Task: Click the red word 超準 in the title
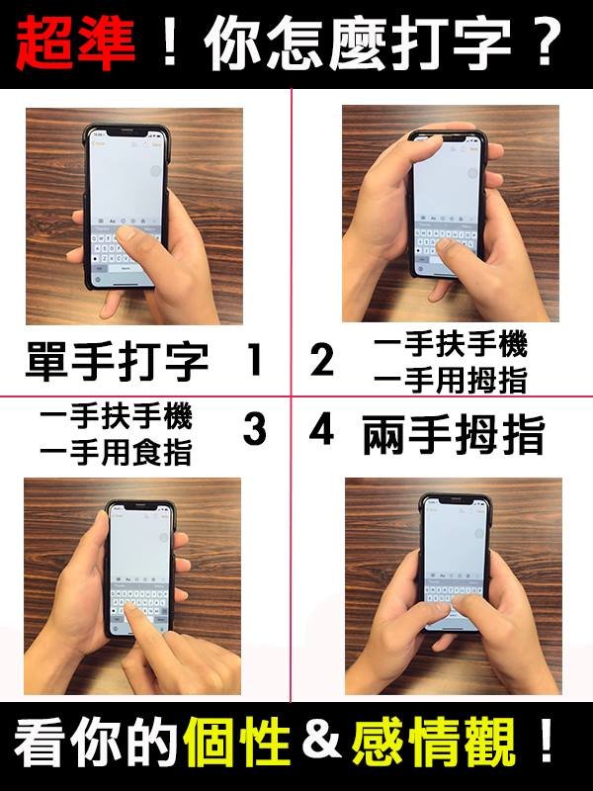point(76,43)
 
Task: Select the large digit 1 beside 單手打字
point(255,359)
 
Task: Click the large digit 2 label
point(322,360)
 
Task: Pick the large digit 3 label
point(255,429)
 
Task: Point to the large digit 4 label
point(322,429)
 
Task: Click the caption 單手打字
point(117,361)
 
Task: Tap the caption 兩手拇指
point(454,434)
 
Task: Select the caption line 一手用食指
point(116,452)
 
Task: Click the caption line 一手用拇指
point(451,381)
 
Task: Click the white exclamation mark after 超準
point(170,42)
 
